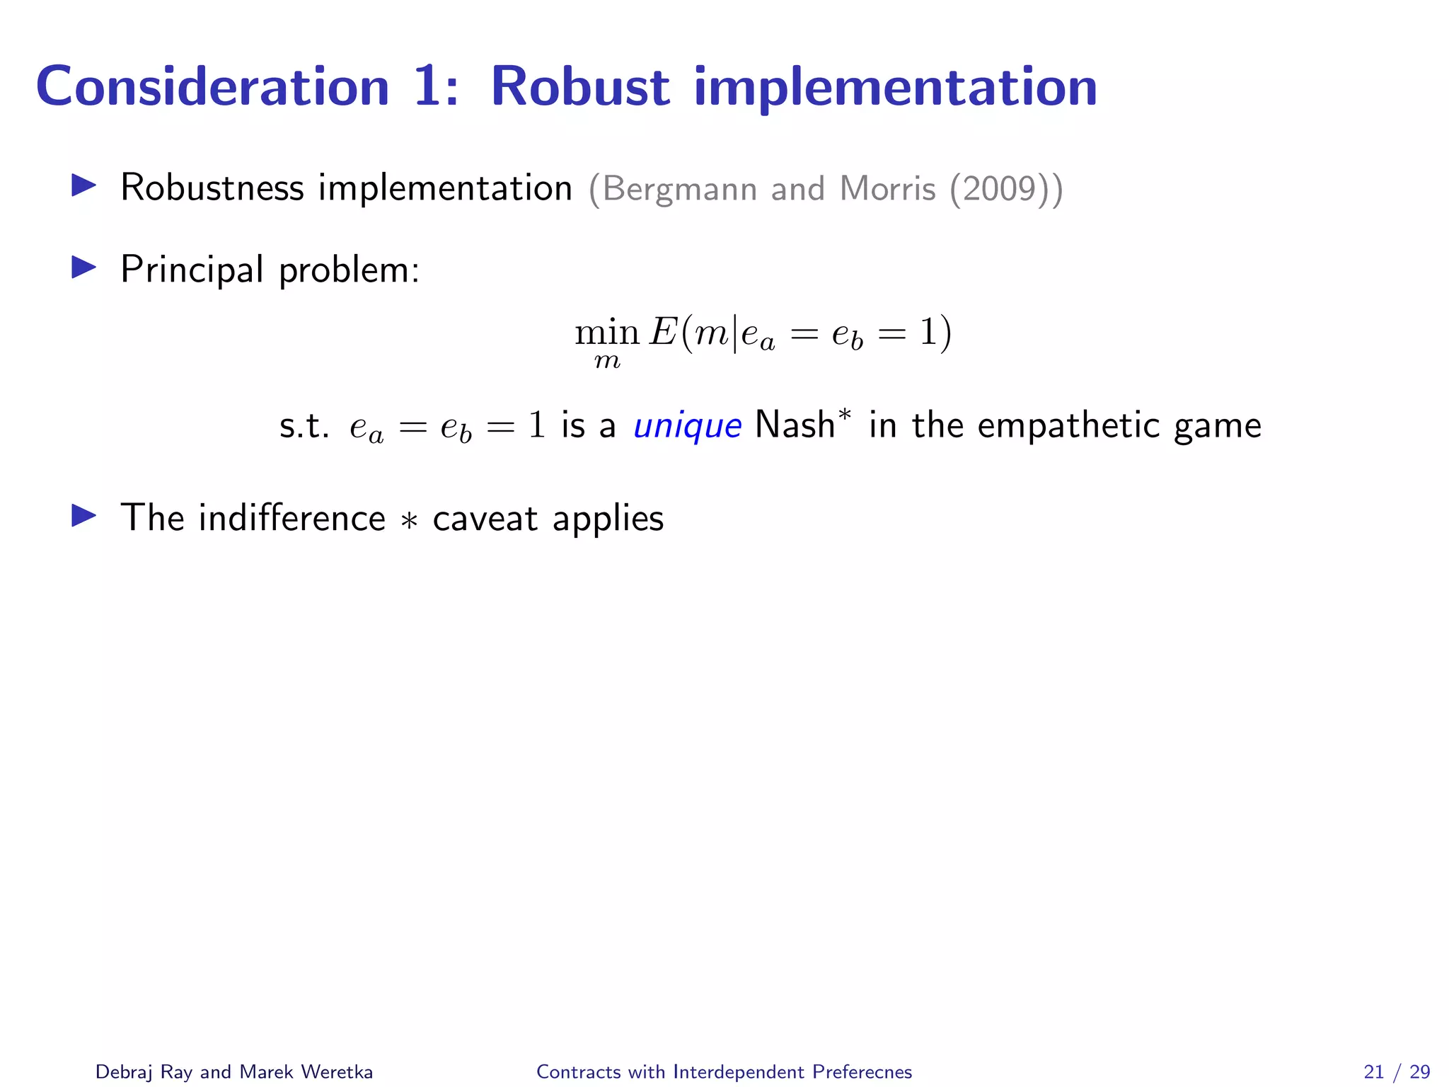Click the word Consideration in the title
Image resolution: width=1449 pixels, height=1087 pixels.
click(212, 87)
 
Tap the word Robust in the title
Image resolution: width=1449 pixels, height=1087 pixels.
click(579, 87)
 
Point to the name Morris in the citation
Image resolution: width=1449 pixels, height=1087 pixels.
click(887, 189)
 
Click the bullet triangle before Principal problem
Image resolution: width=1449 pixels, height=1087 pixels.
click(84, 268)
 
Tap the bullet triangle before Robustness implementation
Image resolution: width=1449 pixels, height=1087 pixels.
click(84, 186)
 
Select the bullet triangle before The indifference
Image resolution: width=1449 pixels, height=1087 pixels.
click(84, 516)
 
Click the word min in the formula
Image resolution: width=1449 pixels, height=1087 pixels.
click(607, 333)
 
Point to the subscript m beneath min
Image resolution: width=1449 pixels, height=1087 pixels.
click(607, 362)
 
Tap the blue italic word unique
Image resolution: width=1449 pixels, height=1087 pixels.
click(687, 426)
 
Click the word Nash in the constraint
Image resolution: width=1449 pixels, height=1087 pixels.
click(795, 425)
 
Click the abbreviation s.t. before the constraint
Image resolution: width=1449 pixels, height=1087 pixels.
click(304, 426)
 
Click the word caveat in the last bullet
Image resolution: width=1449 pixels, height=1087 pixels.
click(485, 519)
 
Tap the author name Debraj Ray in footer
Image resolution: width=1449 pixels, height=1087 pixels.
click(144, 1071)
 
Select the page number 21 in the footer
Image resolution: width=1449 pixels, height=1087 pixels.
click(1373, 1071)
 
